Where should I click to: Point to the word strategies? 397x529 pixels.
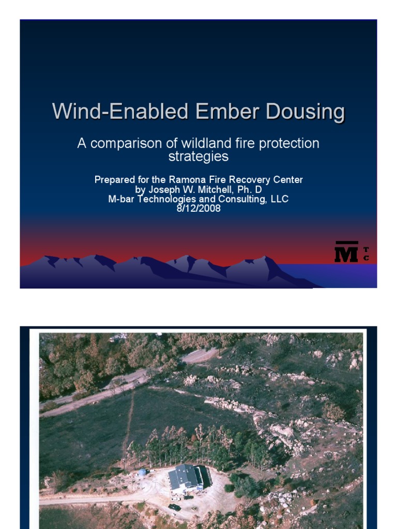pyautogui.click(x=198, y=155)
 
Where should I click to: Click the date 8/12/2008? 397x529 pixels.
pyautogui.click(x=198, y=209)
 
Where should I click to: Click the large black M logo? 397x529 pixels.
pyautogui.click(x=346, y=252)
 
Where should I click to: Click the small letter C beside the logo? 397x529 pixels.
pyautogui.click(x=366, y=258)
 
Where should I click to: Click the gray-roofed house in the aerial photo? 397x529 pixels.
pyautogui.click(x=186, y=477)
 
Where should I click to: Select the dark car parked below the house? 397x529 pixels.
pyautogui.click(x=175, y=507)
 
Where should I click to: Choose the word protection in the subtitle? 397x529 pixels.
pyautogui.click(x=293, y=143)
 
